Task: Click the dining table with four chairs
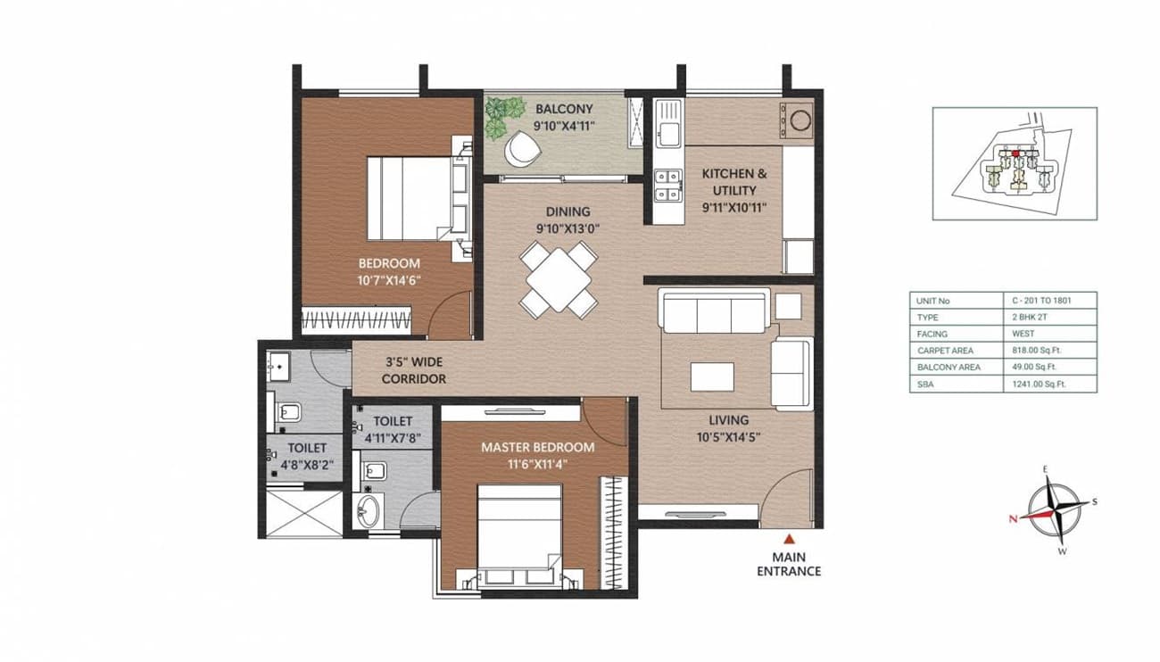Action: click(558, 279)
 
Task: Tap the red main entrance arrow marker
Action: click(789, 539)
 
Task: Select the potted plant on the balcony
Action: click(504, 115)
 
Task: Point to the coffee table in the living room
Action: click(711, 376)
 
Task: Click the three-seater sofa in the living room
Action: click(712, 313)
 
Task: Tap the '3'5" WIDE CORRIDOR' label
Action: click(414, 370)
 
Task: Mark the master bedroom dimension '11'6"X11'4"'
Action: click(537, 464)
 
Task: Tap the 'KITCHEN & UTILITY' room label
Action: click(733, 182)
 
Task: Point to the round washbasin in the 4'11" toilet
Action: click(369, 509)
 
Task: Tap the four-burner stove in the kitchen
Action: click(666, 184)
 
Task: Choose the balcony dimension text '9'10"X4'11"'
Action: click(564, 126)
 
